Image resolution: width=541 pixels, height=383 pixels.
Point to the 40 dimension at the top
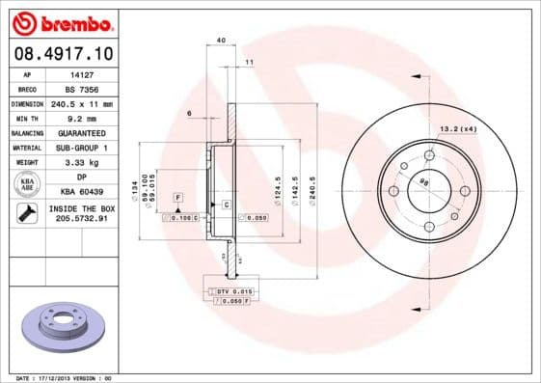pyautogui.click(x=222, y=41)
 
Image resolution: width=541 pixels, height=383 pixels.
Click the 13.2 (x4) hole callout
pyautogui.click(x=460, y=128)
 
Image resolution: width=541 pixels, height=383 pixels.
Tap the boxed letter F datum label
pyautogui.click(x=178, y=197)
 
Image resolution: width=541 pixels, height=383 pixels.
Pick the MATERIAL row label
pyautogui.click(x=27, y=148)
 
